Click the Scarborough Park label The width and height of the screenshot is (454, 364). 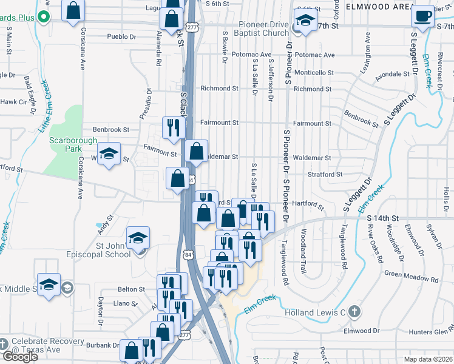72,144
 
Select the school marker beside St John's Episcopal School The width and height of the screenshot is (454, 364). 138,238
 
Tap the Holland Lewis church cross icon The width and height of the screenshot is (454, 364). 355,312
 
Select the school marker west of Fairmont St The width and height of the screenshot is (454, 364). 109,153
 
